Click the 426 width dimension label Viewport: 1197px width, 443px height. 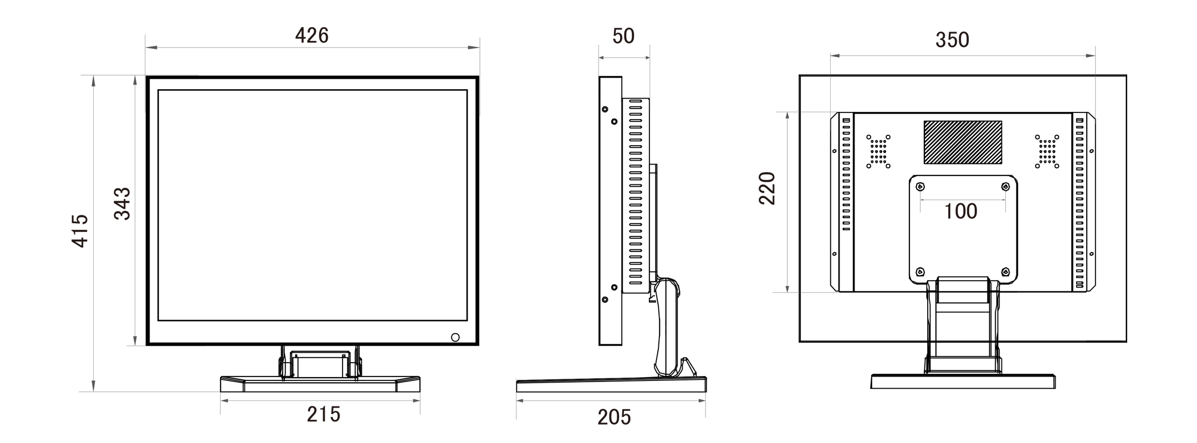[x=311, y=36]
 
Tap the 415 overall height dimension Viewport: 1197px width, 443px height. [x=80, y=230]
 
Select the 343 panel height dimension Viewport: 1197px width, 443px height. [x=122, y=204]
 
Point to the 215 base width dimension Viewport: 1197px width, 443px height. [x=324, y=414]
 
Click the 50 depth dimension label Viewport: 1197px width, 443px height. [x=623, y=36]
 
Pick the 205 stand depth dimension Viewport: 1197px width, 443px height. [x=614, y=418]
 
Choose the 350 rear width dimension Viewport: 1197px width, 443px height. [x=952, y=40]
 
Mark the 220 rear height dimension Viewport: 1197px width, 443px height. [x=767, y=188]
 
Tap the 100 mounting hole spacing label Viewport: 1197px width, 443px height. [x=960, y=211]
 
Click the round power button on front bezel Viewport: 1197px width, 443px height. [x=456, y=337]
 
